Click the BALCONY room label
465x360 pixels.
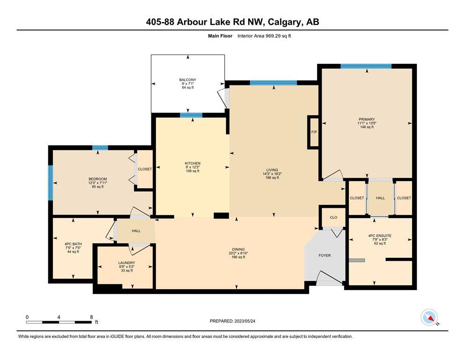[x=187, y=80]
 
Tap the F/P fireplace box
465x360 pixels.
[x=314, y=132]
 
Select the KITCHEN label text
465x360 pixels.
[x=192, y=163]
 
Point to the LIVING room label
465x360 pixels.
[x=272, y=170]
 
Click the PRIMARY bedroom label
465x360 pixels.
[x=367, y=120]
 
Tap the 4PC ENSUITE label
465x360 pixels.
[x=380, y=236]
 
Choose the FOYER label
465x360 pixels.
[x=325, y=255]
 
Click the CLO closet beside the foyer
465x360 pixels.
[x=333, y=217]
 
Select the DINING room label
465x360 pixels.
[x=238, y=249]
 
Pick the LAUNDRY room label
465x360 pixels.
[x=126, y=262]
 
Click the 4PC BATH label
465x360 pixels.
[x=73, y=244]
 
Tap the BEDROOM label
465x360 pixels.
[x=97, y=179]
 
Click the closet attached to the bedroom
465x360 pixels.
[x=144, y=169]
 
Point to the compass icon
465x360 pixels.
[x=429, y=317]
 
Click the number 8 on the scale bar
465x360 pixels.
[x=91, y=317]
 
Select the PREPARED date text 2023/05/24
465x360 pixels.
[x=244, y=321]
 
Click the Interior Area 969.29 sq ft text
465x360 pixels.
[x=264, y=36]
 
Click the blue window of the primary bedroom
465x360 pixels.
[x=366, y=66]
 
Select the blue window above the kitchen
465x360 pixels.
[x=191, y=115]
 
